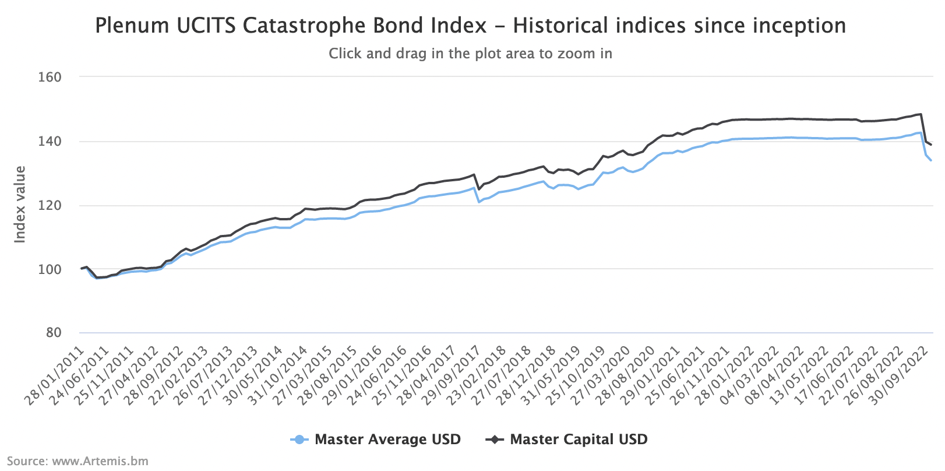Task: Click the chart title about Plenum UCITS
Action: pyautogui.click(x=470, y=26)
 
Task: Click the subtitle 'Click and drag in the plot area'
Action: pyautogui.click(x=470, y=54)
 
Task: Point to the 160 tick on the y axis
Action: pyautogui.click(x=50, y=78)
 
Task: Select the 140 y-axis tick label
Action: pyautogui.click(x=50, y=142)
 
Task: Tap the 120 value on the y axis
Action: pyautogui.click(x=50, y=206)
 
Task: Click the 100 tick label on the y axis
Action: pyautogui.click(x=50, y=269)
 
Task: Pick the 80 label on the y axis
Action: pyautogui.click(x=54, y=333)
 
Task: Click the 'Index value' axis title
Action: pyautogui.click(x=20, y=205)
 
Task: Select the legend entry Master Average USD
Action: pyautogui.click(x=387, y=440)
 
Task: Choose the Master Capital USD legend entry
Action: pyautogui.click(x=579, y=440)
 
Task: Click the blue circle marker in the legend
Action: pyautogui.click(x=299, y=440)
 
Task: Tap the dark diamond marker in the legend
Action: pyautogui.click(x=495, y=440)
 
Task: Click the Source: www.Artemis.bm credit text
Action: pyautogui.click(x=77, y=461)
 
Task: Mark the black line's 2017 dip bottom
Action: pyautogui.click(x=479, y=189)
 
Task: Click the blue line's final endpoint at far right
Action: pyautogui.click(x=930, y=160)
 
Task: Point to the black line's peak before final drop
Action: pyautogui.click(x=921, y=114)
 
